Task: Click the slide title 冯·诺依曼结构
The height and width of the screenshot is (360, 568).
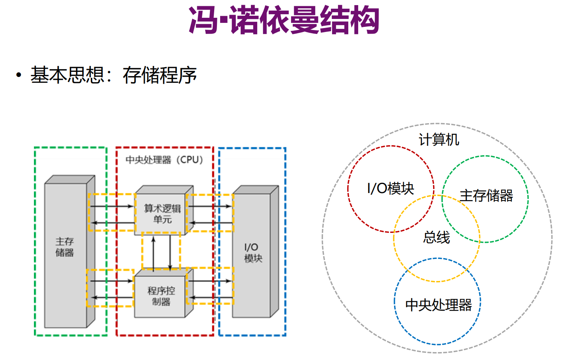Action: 284,21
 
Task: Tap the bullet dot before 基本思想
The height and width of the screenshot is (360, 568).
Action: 19,75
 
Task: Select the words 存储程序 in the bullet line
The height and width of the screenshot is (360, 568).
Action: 159,75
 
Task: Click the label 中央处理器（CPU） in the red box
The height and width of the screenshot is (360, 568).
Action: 164,160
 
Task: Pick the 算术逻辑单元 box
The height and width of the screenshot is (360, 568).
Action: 162,214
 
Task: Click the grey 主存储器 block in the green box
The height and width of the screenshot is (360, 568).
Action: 65,253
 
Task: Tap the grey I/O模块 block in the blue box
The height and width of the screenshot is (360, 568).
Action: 252,253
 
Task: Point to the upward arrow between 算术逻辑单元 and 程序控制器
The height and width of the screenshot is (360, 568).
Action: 153,253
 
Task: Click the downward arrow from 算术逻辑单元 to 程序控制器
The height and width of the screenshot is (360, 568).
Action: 170,253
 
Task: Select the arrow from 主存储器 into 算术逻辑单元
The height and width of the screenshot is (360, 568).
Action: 112,206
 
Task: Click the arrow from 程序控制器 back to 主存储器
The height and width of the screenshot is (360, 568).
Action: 112,297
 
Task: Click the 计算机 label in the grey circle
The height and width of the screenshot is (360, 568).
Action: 439,140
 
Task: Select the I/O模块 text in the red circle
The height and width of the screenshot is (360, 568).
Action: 390,188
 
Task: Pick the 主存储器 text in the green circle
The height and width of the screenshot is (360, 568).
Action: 486,195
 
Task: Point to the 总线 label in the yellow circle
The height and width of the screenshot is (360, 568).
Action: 437,237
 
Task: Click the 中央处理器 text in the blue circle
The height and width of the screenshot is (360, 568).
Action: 438,305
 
